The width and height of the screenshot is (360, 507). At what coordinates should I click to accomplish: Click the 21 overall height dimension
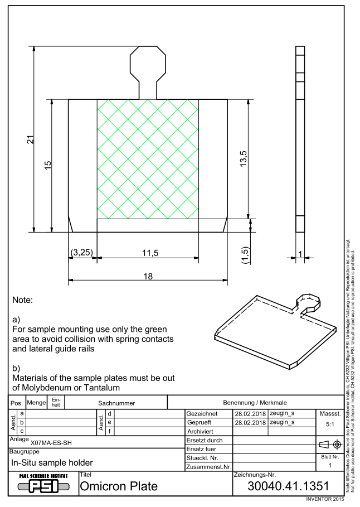pyautogui.click(x=30, y=139)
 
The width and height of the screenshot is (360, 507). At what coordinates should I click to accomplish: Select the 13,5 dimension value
pyautogui.click(x=244, y=159)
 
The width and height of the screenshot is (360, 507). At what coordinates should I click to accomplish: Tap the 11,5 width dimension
pyautogui.click(x=150, y=253)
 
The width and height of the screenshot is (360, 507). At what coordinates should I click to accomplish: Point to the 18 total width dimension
pyautogui.click(x=148, y=276)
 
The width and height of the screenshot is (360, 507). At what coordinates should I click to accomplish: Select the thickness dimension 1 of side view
pyautogui.click(x=300, y=254)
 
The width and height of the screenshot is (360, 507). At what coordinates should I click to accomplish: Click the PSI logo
pyautogui.click(x=43, y=484)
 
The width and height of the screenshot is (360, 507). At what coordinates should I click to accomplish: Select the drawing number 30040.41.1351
pyautogui.click(x=288, y=486)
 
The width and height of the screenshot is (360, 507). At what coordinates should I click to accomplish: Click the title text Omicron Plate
pyautogui.click(x=119, y=486)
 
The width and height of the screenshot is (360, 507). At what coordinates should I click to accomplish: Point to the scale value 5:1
pyautogui.click(x=330, y=424)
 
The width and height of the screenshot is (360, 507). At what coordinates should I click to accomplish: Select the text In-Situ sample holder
pyautogui.click(x=52, y=463)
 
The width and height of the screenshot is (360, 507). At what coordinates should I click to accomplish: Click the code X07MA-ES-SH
pyautogui.click(x=51, y=443)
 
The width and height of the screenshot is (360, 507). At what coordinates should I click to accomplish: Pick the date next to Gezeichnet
pyautogui.click(x=250, y=414)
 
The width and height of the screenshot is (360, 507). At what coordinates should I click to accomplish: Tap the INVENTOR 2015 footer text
pyautogui.click(x=325, y=499)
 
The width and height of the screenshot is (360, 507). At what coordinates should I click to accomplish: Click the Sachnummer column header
pyautogui.click(x=116, y=403)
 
